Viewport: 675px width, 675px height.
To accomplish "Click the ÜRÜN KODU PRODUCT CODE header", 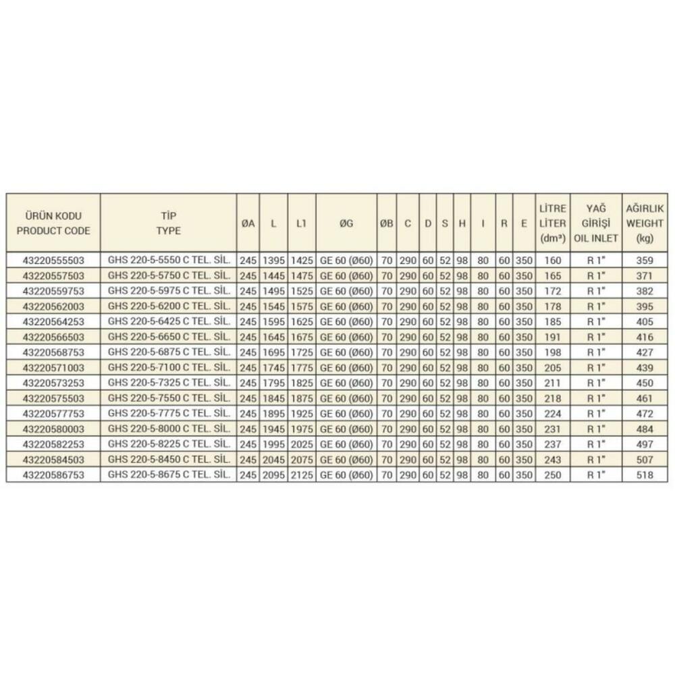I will (x=53, y=223).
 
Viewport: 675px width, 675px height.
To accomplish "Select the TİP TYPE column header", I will (x=168, y=223).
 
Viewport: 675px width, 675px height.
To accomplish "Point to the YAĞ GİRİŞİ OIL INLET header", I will (x=594, y=223).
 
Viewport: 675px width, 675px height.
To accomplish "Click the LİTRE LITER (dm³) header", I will (x=552, y=223).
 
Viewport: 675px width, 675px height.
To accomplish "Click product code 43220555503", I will (x=53, y=260).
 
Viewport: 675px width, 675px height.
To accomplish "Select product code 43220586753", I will (x=53, y=475).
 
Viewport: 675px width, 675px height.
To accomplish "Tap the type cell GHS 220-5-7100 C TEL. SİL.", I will (x=168, y=367).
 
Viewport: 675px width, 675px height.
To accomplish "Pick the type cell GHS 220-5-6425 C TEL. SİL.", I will (x=168, y=321).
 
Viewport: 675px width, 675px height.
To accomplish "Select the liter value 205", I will (x=552, y=367).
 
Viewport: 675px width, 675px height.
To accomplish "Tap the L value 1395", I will (x=273, y=260).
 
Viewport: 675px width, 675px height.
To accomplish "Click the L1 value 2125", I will (x=302, y=475).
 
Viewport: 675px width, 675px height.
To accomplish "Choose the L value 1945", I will (x=273, y=429).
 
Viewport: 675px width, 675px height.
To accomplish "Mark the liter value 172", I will (x=552, y=291).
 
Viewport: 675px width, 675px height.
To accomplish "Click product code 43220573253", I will (x=53, y=383).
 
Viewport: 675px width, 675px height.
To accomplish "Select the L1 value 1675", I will (x=302, y=337).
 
